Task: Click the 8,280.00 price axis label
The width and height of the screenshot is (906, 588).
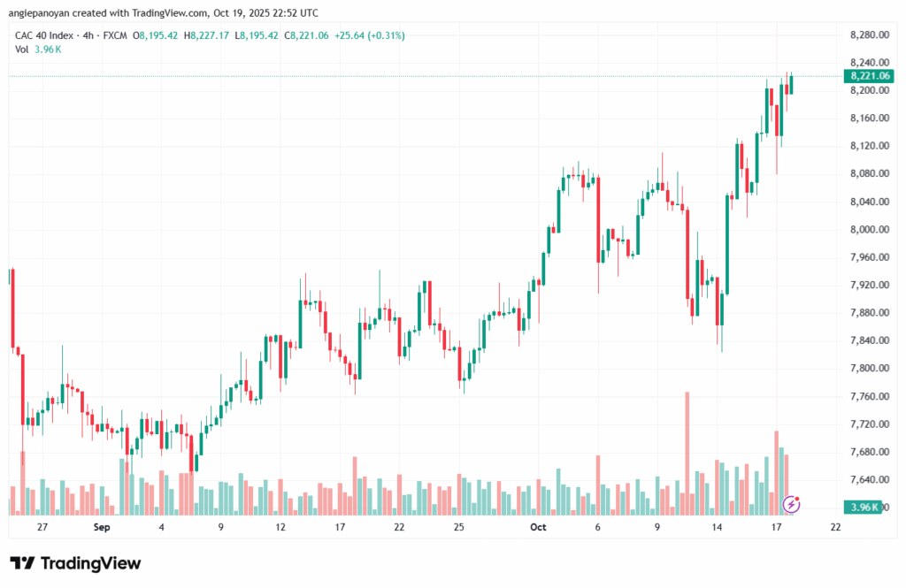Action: (867, 34)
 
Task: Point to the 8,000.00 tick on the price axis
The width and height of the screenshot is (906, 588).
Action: (867, 229)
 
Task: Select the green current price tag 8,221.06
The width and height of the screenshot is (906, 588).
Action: (869, 76)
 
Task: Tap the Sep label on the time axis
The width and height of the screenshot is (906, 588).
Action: (101, 527)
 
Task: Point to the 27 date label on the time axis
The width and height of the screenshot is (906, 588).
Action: (42, 527)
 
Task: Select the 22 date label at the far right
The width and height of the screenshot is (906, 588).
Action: (835, 527)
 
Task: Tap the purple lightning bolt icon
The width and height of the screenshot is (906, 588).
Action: (793, 504)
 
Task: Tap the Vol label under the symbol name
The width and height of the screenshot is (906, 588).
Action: (22, 50)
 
